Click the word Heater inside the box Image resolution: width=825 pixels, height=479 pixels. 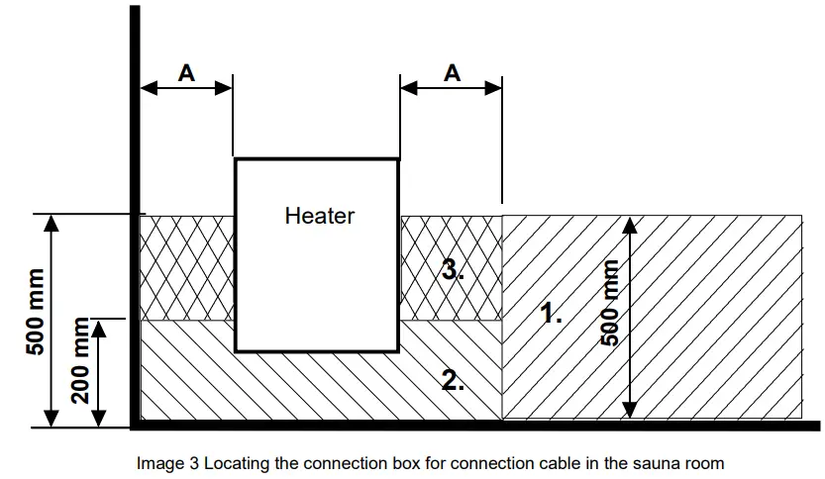point(319,215)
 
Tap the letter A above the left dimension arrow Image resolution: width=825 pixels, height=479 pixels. point(185,72)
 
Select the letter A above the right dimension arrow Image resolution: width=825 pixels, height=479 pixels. point(452,72)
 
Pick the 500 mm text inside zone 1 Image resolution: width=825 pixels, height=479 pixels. point(611,303)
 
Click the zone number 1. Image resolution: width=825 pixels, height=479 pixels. point(552,315)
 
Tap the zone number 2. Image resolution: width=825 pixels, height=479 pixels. point(453,379)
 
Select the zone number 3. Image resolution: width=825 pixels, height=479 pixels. point(453,270)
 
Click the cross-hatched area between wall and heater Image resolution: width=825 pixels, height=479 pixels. point(186,267)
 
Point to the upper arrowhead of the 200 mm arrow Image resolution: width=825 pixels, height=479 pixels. point(97,326)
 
